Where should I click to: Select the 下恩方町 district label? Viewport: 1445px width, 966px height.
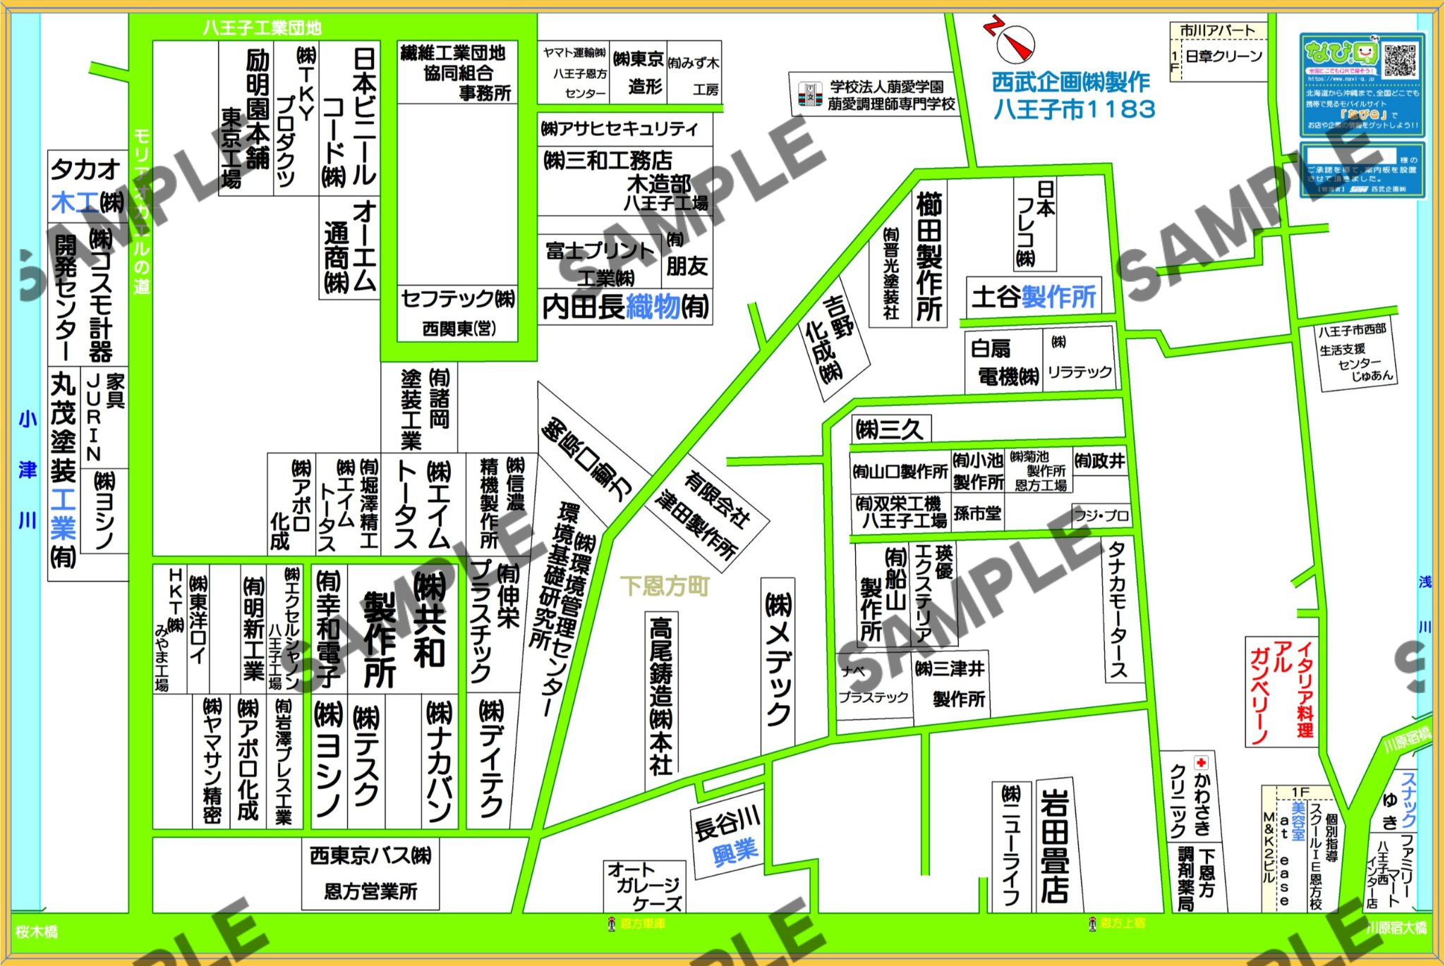point(664,586)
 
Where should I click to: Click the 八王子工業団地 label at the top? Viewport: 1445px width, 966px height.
point(262,28)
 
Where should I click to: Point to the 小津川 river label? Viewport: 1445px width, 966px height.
point(28,470)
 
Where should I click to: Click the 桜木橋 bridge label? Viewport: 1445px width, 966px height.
point(37,932)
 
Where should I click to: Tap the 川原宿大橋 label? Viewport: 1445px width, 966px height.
point(1396,928)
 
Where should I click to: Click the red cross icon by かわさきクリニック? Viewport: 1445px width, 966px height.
point(1201,762)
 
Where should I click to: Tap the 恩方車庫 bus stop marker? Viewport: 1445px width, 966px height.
point(612,924)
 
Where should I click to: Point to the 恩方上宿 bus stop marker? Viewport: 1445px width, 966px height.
point(1092,923)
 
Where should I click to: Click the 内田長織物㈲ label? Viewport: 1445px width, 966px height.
point(625,307)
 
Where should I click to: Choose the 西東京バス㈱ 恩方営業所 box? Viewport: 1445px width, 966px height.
point(370,873)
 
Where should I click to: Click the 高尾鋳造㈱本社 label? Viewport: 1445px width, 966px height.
point(660,698)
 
